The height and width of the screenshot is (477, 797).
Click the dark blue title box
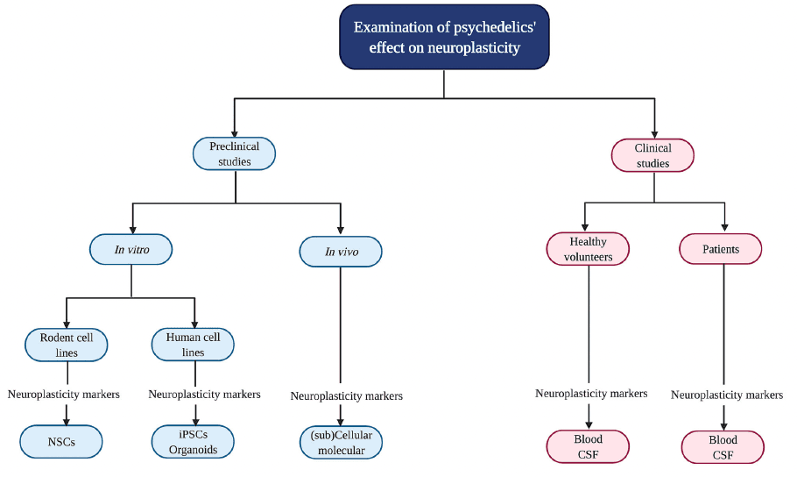444,37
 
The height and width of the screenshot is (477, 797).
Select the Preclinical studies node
234,154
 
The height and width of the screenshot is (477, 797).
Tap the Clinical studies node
652,155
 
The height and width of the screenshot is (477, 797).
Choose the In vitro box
131,250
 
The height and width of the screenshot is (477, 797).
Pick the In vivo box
341,253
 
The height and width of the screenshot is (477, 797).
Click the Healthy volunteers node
588,249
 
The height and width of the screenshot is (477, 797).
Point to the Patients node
720,249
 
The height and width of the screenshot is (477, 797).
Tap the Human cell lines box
193,345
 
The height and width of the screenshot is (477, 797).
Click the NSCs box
61,442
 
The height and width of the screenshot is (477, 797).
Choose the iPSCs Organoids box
193,442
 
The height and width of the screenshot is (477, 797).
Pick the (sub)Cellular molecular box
341,442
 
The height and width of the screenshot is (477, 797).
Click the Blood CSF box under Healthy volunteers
588,446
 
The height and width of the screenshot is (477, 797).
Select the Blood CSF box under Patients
723,446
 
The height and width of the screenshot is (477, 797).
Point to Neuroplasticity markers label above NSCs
64,395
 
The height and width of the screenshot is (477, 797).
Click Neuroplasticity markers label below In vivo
347,396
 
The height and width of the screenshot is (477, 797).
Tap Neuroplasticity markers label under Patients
727,395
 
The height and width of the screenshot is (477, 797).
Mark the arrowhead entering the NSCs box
67,418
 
